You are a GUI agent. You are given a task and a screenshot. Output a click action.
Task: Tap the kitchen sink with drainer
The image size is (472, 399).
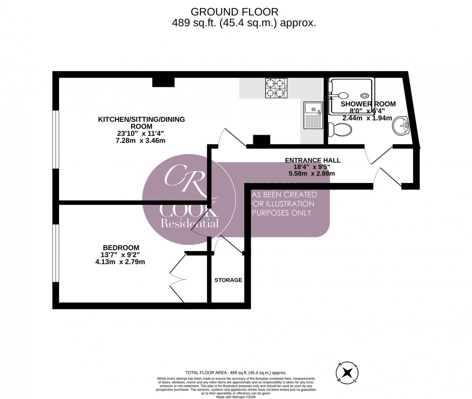click(313, 115)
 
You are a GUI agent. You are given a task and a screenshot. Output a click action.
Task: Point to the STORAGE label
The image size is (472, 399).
click(228, 280)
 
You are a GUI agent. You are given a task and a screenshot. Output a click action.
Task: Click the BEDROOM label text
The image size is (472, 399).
click(121, 248)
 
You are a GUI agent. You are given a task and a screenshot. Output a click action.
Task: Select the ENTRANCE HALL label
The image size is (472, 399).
click(312, 160)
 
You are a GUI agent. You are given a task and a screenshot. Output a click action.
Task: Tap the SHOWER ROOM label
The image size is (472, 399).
click(368, 104)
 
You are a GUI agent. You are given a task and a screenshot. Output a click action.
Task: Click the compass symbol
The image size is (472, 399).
click(347, 373)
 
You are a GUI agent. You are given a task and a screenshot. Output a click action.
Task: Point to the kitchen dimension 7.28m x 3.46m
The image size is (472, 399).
click(141, 140)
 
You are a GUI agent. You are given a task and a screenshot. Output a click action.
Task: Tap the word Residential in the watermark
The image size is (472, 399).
click(189, 224)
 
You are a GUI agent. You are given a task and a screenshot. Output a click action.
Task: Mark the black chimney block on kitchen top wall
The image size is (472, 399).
click(163, 83)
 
